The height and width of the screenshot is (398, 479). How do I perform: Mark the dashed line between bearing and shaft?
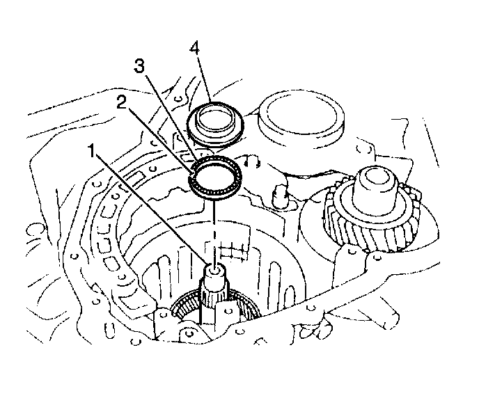[x=214, y=230]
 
